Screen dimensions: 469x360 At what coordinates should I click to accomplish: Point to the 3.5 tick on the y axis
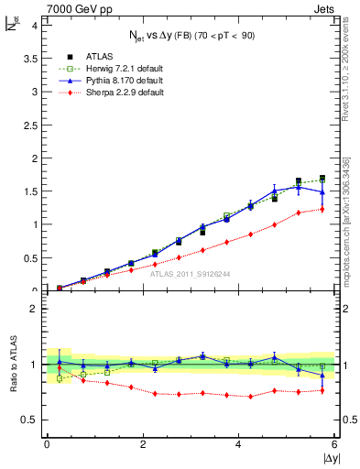pyautogui.click(x=32, y=57)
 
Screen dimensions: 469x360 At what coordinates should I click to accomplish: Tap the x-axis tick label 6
pyautogui.click(x=335, y=444)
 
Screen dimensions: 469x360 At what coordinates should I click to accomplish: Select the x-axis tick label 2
pyautogui.click(x=143, y=444)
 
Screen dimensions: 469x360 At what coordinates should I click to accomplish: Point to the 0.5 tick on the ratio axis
pyautogui.click(x=32, y=420)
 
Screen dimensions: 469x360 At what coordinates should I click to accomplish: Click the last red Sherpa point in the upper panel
pyautogui.click(x=322, y=209)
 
